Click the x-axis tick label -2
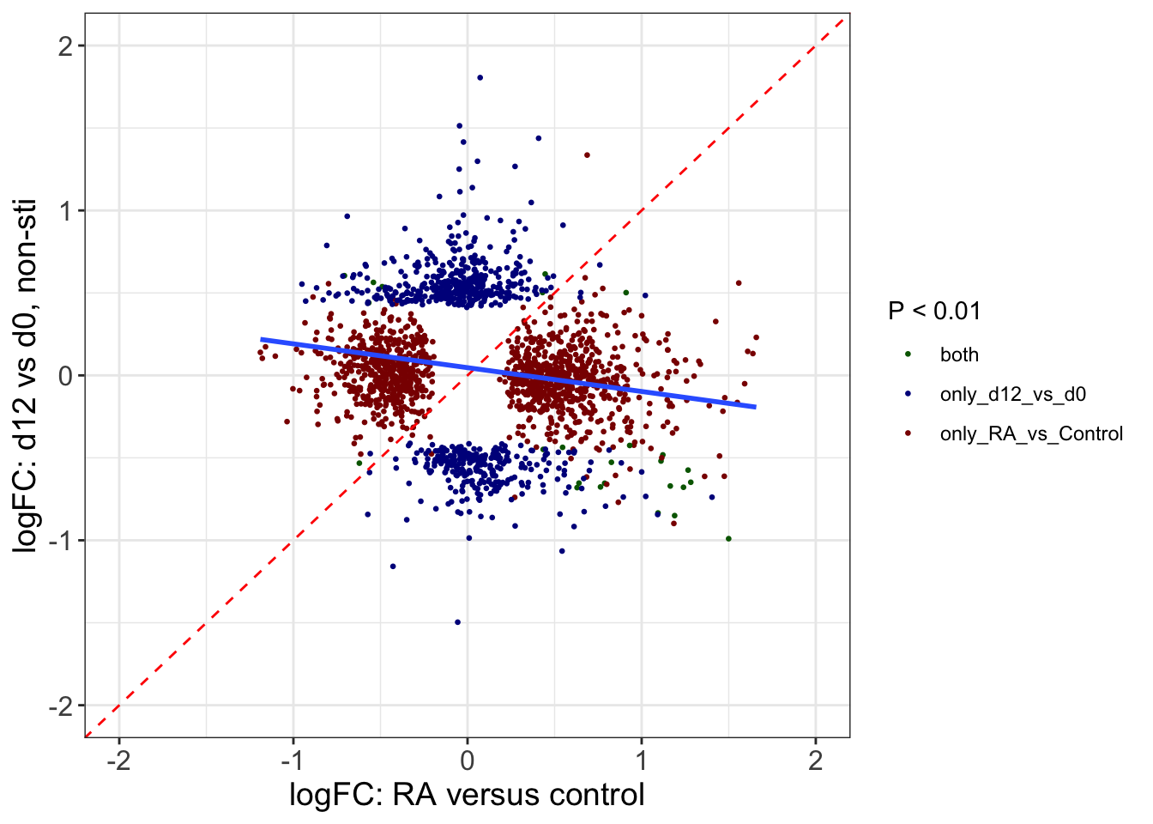coord(118,760)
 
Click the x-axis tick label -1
coord(293,760)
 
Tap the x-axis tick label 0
coord(467,760)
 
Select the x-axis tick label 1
coord(641,760)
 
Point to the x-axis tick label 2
coord(815,760)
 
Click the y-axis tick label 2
coord(65,46)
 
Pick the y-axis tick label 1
coord(65,211)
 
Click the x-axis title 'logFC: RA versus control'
coord(467,795)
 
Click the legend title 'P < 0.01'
coord(934,311)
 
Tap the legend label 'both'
coord(959,354)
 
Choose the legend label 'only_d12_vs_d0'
coord(1012,394)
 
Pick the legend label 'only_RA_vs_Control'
coord(1031,433)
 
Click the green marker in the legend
coord(909,354)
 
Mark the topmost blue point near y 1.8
coord(480,77)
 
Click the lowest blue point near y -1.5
coord(457,622)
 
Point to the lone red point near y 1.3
coord(587,155)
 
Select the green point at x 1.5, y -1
coord(728,539)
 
